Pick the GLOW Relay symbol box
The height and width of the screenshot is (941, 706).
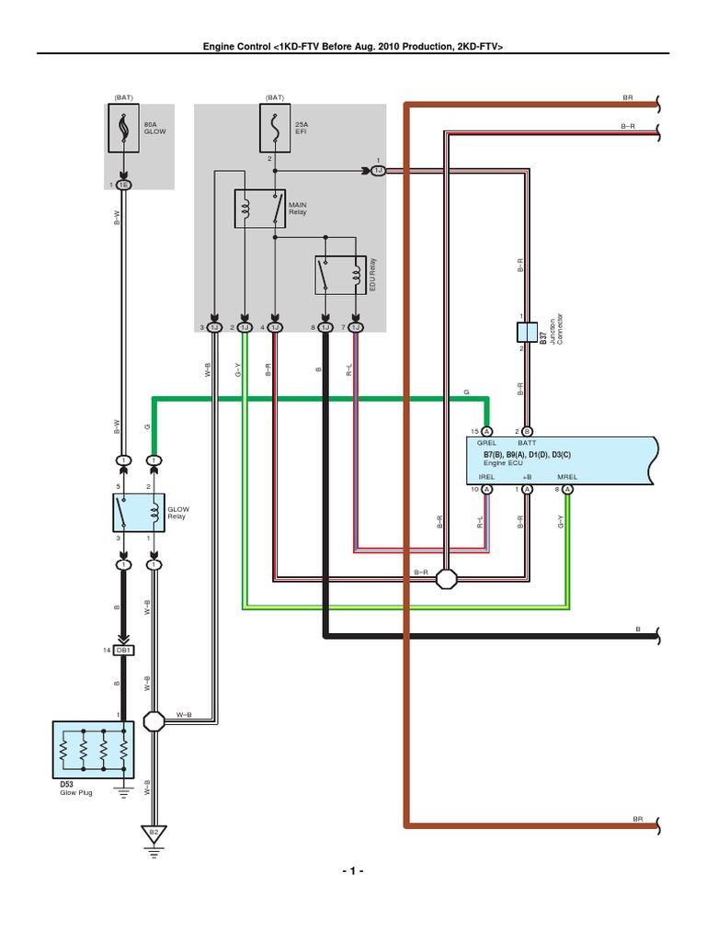pos(138,512)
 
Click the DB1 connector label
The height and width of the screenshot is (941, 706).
pos(125,651)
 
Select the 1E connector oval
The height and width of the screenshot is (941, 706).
pos(124,185)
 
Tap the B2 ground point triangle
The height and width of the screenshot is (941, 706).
pos(154,833)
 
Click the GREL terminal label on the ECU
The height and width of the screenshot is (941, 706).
pos(486,442)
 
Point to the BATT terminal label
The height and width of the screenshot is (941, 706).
pos(528,442)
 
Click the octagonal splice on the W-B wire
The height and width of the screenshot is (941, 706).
pos(154,721)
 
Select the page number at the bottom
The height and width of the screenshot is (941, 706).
pos(352,871)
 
